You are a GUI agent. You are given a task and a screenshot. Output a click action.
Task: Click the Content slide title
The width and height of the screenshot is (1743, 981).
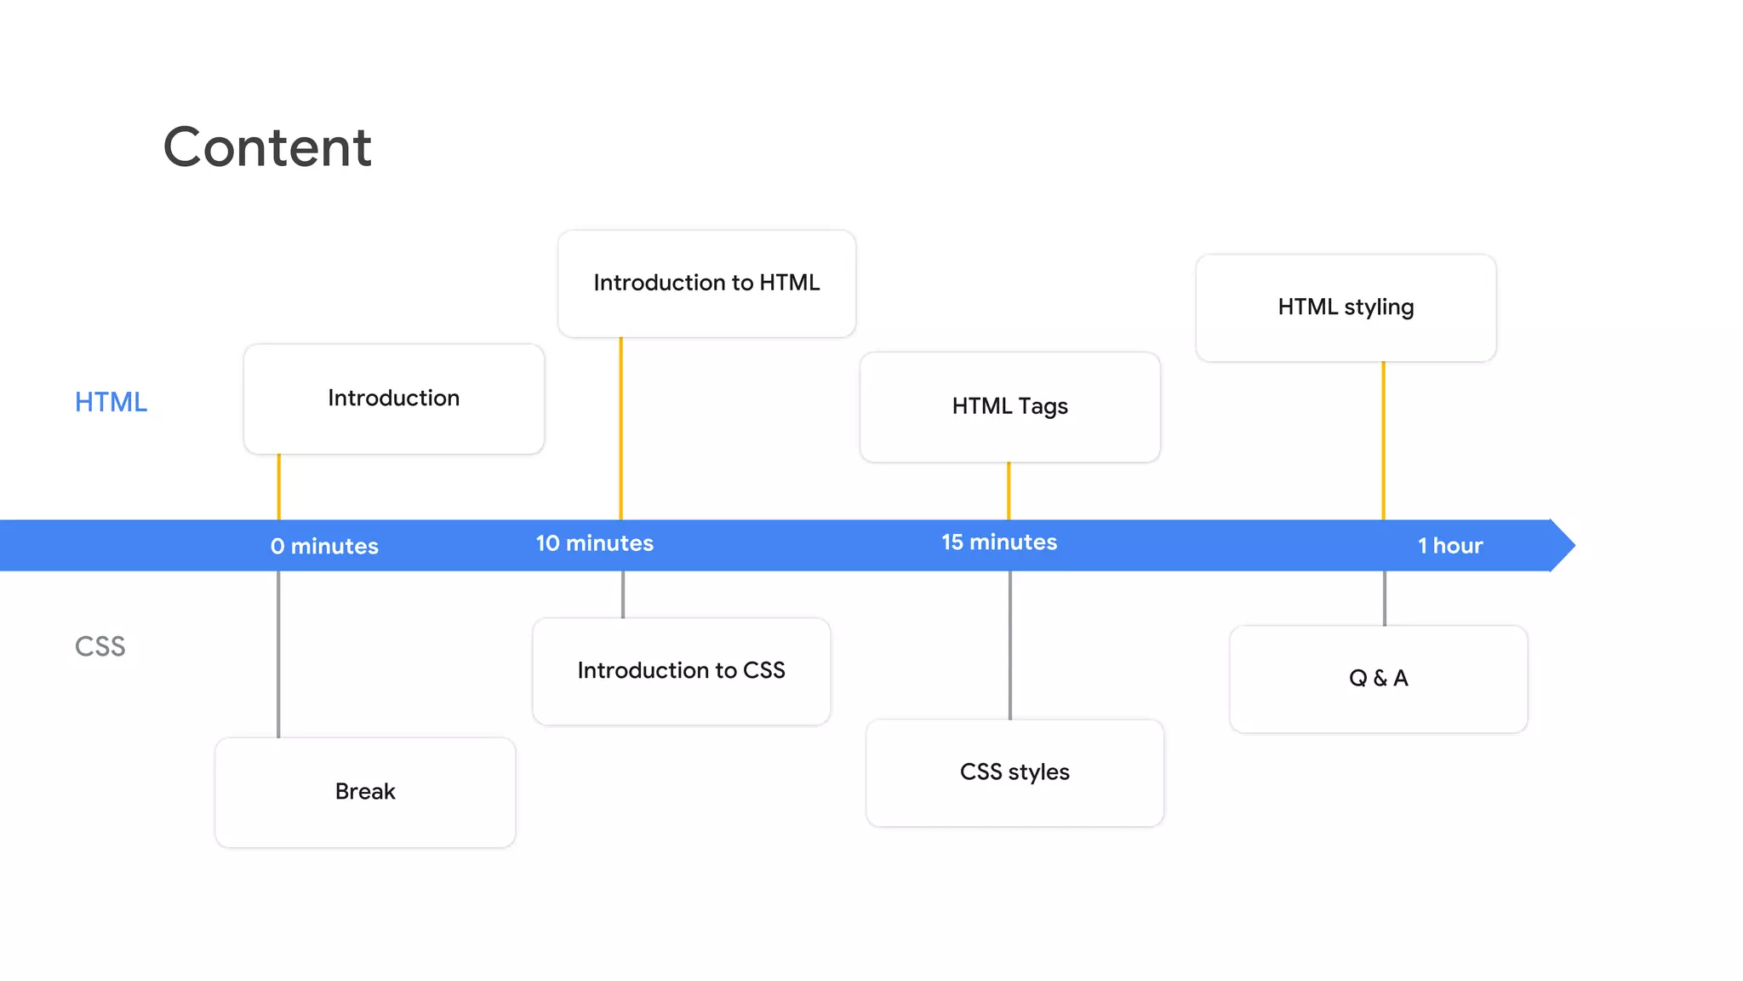(x=267, y=147)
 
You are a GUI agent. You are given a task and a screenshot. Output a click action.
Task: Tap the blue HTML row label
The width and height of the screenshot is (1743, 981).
(x=111, y=402)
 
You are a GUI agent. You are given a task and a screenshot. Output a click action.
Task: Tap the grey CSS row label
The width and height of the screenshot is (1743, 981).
(x=100, y=646)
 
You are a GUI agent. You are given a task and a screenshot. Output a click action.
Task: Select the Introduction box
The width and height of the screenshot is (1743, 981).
(x=393, y=399)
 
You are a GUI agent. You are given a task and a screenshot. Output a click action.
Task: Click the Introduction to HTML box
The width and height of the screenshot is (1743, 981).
(x=706, y=283)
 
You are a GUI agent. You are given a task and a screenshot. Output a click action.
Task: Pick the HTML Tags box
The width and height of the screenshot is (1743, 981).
(x=1009, y=407)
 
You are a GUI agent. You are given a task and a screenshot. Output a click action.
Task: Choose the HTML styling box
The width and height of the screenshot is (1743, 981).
(x=1346, y=307)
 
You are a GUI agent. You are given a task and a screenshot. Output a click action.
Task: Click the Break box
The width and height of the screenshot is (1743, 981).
(x=365, y=792)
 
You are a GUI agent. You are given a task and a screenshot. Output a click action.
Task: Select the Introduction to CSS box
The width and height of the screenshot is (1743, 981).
(x=681, y=671)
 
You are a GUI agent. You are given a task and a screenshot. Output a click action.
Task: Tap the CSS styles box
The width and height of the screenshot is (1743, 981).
(x=1014, y=772)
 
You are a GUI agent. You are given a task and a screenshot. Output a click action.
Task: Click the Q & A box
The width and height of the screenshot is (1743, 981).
(x=1378, y=679)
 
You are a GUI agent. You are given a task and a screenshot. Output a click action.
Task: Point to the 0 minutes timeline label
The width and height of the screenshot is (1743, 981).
(x=324, y=546)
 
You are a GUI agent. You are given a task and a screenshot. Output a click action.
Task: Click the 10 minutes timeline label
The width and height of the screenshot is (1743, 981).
(x=594, y=543)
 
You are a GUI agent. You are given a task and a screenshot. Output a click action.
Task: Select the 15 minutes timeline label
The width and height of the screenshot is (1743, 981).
(x=999, y=542)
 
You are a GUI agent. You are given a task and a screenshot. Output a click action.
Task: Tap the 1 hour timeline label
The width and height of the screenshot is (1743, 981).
(x=1450, y=546)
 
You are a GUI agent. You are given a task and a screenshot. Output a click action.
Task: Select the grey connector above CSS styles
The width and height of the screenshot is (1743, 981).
(x=1010, y=645)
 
